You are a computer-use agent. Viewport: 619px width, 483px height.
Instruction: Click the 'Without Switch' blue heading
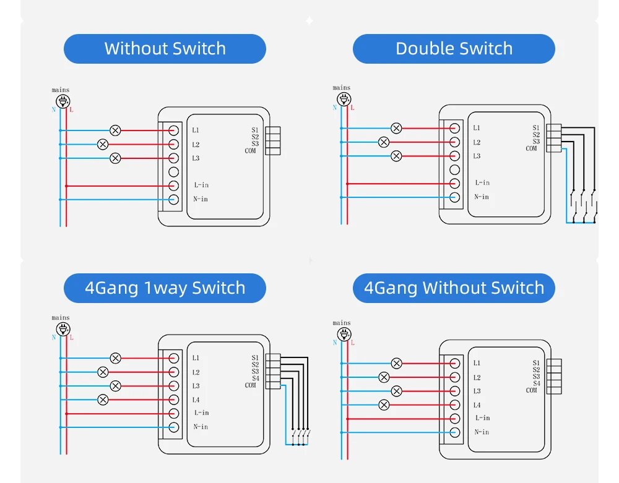coord(165,49)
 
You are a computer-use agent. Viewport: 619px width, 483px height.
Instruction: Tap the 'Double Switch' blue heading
coord(454,49)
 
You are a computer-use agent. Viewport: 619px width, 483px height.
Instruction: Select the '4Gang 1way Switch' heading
coord(165,288)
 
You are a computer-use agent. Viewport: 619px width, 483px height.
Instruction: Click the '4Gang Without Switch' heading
coord(454,288)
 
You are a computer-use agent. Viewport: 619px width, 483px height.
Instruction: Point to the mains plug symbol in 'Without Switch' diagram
coord(61,100)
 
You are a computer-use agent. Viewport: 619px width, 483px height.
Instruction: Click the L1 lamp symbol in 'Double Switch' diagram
coord(396,128)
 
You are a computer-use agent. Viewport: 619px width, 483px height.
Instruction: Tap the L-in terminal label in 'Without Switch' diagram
coord(201,185)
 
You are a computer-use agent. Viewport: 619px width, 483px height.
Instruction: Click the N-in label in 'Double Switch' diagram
coord(482,197)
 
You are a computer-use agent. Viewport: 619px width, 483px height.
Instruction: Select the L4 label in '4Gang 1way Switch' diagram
coord(196,400)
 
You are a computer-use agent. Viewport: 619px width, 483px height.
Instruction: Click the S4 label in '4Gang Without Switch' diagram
coord(536,383)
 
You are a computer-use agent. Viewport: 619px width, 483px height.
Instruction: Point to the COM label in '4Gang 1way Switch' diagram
coord(250,385)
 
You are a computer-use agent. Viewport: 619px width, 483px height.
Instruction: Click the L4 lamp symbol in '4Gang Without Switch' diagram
coord(384,405)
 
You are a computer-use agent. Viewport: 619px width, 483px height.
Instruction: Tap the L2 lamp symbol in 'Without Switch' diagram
coord(103,145)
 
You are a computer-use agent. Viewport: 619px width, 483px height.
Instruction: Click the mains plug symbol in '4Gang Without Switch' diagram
coord(342,334)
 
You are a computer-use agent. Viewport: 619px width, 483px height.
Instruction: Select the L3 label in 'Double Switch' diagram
coord(477,156)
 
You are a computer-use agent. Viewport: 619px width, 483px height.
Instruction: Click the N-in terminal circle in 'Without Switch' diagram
coord(174,199)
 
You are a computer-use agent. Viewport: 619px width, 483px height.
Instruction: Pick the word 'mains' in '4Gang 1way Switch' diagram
coord(61,318)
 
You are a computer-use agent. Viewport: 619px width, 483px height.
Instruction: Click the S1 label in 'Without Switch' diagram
coord(255,130)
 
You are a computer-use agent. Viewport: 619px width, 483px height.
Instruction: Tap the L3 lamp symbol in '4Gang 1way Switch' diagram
coord(115,386)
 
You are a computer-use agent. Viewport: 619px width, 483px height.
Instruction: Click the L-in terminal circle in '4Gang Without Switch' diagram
coord(455,419)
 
